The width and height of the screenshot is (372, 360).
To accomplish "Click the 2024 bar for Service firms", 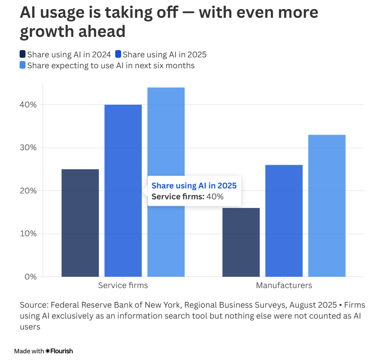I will coord(80,223).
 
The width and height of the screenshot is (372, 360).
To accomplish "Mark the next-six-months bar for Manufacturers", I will coord(327,205).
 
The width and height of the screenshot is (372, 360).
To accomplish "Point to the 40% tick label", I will coord(28,105).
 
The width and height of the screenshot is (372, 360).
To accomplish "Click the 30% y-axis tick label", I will coord(28,147).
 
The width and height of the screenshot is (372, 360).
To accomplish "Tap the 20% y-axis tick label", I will coord(28,191).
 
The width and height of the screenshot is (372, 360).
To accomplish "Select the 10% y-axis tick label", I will coord(28,233).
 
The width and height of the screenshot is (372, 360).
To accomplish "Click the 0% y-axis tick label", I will coord(30,277).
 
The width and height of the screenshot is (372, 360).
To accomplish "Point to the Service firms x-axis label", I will coord(123,286).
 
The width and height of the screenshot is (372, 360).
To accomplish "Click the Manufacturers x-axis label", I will coord(284,286).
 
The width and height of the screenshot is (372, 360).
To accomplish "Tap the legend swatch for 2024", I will coord(23,55).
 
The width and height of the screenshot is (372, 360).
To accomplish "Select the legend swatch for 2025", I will coord(118,55).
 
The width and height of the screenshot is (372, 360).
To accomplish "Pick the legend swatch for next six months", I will coord(23,66).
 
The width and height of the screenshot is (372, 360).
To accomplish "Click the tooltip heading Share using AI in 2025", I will coord(194,186).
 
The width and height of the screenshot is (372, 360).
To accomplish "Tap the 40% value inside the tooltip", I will coord(215,197).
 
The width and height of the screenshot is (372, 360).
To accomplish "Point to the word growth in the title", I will coord(48,32).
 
